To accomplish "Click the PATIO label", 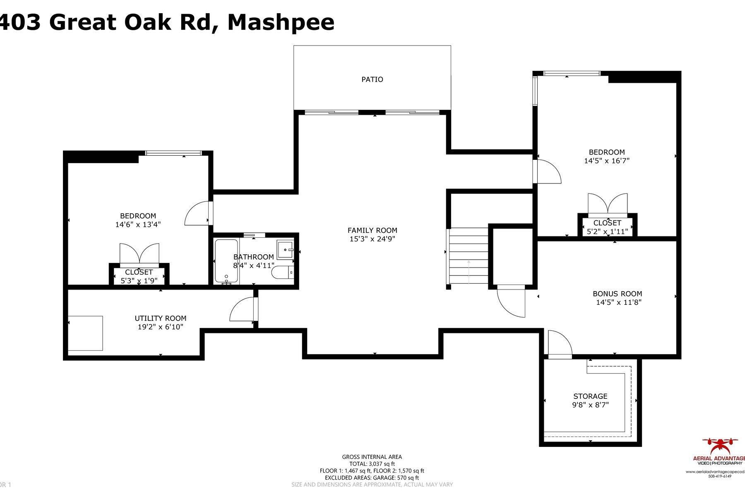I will (x=372, y=79).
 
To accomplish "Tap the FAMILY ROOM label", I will (x=372, y=230).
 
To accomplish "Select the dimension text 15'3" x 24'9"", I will (x=372, y=239).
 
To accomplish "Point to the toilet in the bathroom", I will (x=282, y=273).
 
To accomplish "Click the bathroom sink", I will (x=285, y=250).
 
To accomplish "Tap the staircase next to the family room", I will (x=469, y=256).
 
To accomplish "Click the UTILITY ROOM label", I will (x=160, y=318).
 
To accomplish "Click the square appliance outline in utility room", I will (x=85, y=333).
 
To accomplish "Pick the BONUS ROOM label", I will (x=617, y=294).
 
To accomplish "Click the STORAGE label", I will (x=590, y=396).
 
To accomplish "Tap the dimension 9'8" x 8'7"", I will (x=590, y=405).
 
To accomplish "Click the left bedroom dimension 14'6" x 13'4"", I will (x=138, y=224).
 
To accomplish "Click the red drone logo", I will (x=721, y=445).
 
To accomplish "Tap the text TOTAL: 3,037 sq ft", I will (x=372, y=464).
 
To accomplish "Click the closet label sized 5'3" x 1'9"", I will (x=139, y=272).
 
